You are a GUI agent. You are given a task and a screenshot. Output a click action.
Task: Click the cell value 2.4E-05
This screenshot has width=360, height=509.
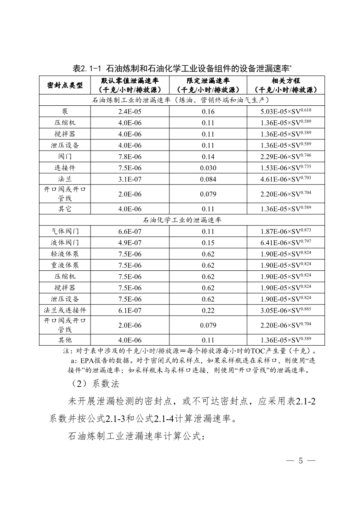pos(130,112)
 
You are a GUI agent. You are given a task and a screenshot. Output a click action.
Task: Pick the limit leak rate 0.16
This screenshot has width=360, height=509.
pos(208,112)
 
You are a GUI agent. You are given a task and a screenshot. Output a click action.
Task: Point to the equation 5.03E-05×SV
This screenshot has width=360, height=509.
pos(286,112)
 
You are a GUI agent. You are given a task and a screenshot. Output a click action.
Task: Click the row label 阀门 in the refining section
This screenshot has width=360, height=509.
pos(64,155)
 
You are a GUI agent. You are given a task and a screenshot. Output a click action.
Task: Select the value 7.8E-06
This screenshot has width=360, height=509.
pos(130,155)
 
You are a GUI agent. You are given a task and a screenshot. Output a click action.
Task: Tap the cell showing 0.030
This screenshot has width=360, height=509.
pos(208,167)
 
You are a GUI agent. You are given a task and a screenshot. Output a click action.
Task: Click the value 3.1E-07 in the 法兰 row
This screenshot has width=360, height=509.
pos(130,178)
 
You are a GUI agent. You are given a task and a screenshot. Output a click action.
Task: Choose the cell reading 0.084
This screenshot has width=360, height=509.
pos(208,178)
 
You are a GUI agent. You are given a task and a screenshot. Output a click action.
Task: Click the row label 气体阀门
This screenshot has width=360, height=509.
pos(64,231)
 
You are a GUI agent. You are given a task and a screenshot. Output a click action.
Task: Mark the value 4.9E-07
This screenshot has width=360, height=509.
pos(130,242)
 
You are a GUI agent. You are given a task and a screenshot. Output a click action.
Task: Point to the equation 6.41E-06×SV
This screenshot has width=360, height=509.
pos(286,242)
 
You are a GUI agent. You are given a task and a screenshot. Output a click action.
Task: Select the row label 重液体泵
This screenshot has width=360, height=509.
pos(64,265)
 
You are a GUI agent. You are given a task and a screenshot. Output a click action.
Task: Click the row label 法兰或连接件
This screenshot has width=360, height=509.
pos(64,310)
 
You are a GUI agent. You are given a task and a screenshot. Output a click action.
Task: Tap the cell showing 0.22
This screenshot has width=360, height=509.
pos(208,310)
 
